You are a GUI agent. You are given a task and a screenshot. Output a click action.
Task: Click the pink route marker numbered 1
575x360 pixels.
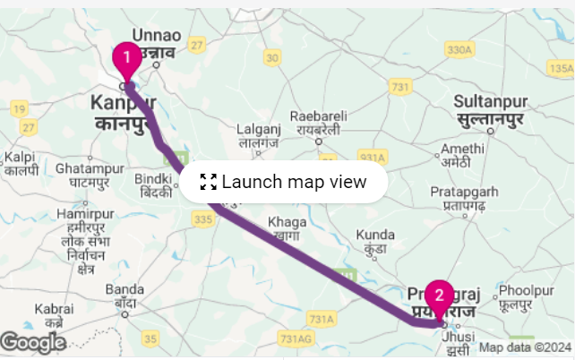tap(126, 59)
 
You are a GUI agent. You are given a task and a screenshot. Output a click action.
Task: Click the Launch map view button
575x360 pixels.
tap(283, 183)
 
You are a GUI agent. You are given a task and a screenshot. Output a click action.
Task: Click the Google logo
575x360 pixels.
tap(33, 342)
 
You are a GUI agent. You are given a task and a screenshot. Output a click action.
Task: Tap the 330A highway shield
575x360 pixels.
tap(458, 48)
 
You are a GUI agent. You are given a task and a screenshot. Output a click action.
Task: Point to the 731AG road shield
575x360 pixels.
tap(297, 339)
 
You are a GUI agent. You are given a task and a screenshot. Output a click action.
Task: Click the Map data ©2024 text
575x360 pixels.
tap(525, 347)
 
